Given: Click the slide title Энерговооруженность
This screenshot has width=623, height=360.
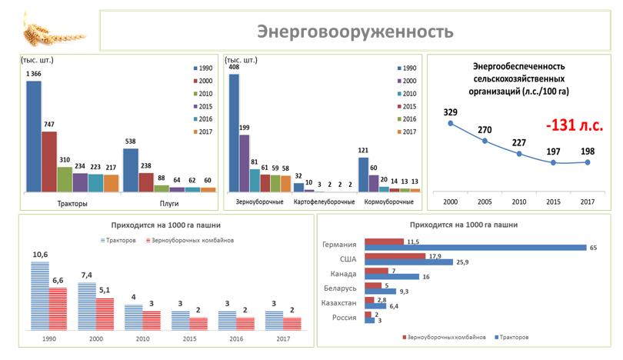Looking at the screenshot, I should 355,32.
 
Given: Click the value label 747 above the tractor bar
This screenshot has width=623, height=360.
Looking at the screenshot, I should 48,124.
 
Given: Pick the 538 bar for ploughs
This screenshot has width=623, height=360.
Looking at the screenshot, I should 130,169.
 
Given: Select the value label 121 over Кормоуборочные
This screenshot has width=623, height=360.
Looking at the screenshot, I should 363,150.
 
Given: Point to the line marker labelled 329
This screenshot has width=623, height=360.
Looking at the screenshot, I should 451,124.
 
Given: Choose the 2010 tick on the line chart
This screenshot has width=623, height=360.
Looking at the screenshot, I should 519,201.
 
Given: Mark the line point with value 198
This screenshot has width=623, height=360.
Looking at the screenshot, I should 588,162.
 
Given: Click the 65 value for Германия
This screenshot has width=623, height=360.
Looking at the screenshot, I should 593,248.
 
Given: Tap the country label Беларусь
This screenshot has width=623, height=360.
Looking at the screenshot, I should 339,288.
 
